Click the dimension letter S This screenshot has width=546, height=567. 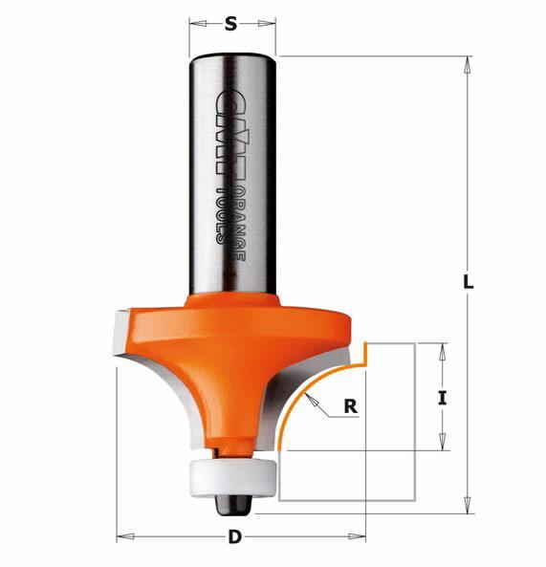tap(229, 25)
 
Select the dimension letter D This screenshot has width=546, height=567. tap(234, 537)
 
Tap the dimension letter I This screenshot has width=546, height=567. tap(442, 398)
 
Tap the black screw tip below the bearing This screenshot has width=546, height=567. tap(232, 498)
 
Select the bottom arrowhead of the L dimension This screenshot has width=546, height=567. tap(467, 505)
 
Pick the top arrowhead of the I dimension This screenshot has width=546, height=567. tap(442, 349)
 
